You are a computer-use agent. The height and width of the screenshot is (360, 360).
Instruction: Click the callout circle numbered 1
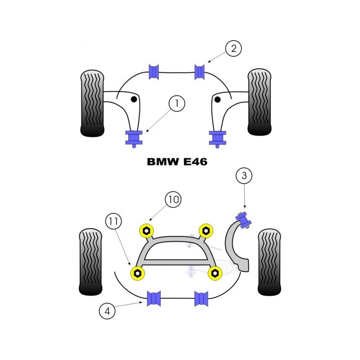pyautogui.click(x=177, y=104)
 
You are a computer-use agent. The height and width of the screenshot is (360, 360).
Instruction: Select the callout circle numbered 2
pyautogui.click(x=233, y=49)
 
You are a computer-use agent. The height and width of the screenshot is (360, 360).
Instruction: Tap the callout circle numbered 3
pyautogui.click(x=244, y=176)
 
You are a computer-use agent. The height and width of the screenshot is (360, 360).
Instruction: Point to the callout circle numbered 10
pyautogui.click(x=173, y=199)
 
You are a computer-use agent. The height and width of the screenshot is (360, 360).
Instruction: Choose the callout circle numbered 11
pyautogui.click(x=114, y=221)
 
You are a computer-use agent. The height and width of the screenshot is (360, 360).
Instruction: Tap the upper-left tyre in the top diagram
pyautogui.click(x=92, y=103)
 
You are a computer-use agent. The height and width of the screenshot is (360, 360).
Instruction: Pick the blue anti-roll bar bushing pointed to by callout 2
pyautogui.click(x=200, y=71)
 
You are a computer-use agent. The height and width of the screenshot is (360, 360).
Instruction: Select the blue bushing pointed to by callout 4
pyautogui.click(x=154, y=298)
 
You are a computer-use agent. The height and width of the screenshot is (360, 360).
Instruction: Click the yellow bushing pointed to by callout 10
pyautogui.click(x=146, y=230)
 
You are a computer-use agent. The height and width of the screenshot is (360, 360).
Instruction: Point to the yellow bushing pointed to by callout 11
pyautogui.click(x=137, y=273)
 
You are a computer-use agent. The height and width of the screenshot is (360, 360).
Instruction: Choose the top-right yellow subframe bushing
pyautogui.click(x=206, y=230)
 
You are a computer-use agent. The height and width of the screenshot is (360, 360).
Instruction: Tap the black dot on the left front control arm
pyautogui.click(x=134, y=99)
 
